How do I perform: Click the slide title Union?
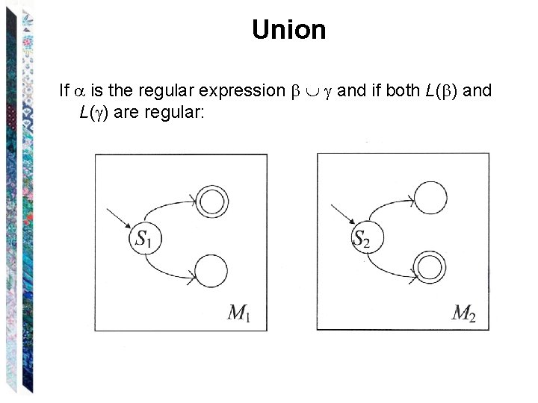point(288,30)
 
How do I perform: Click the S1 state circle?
point(146,239)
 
